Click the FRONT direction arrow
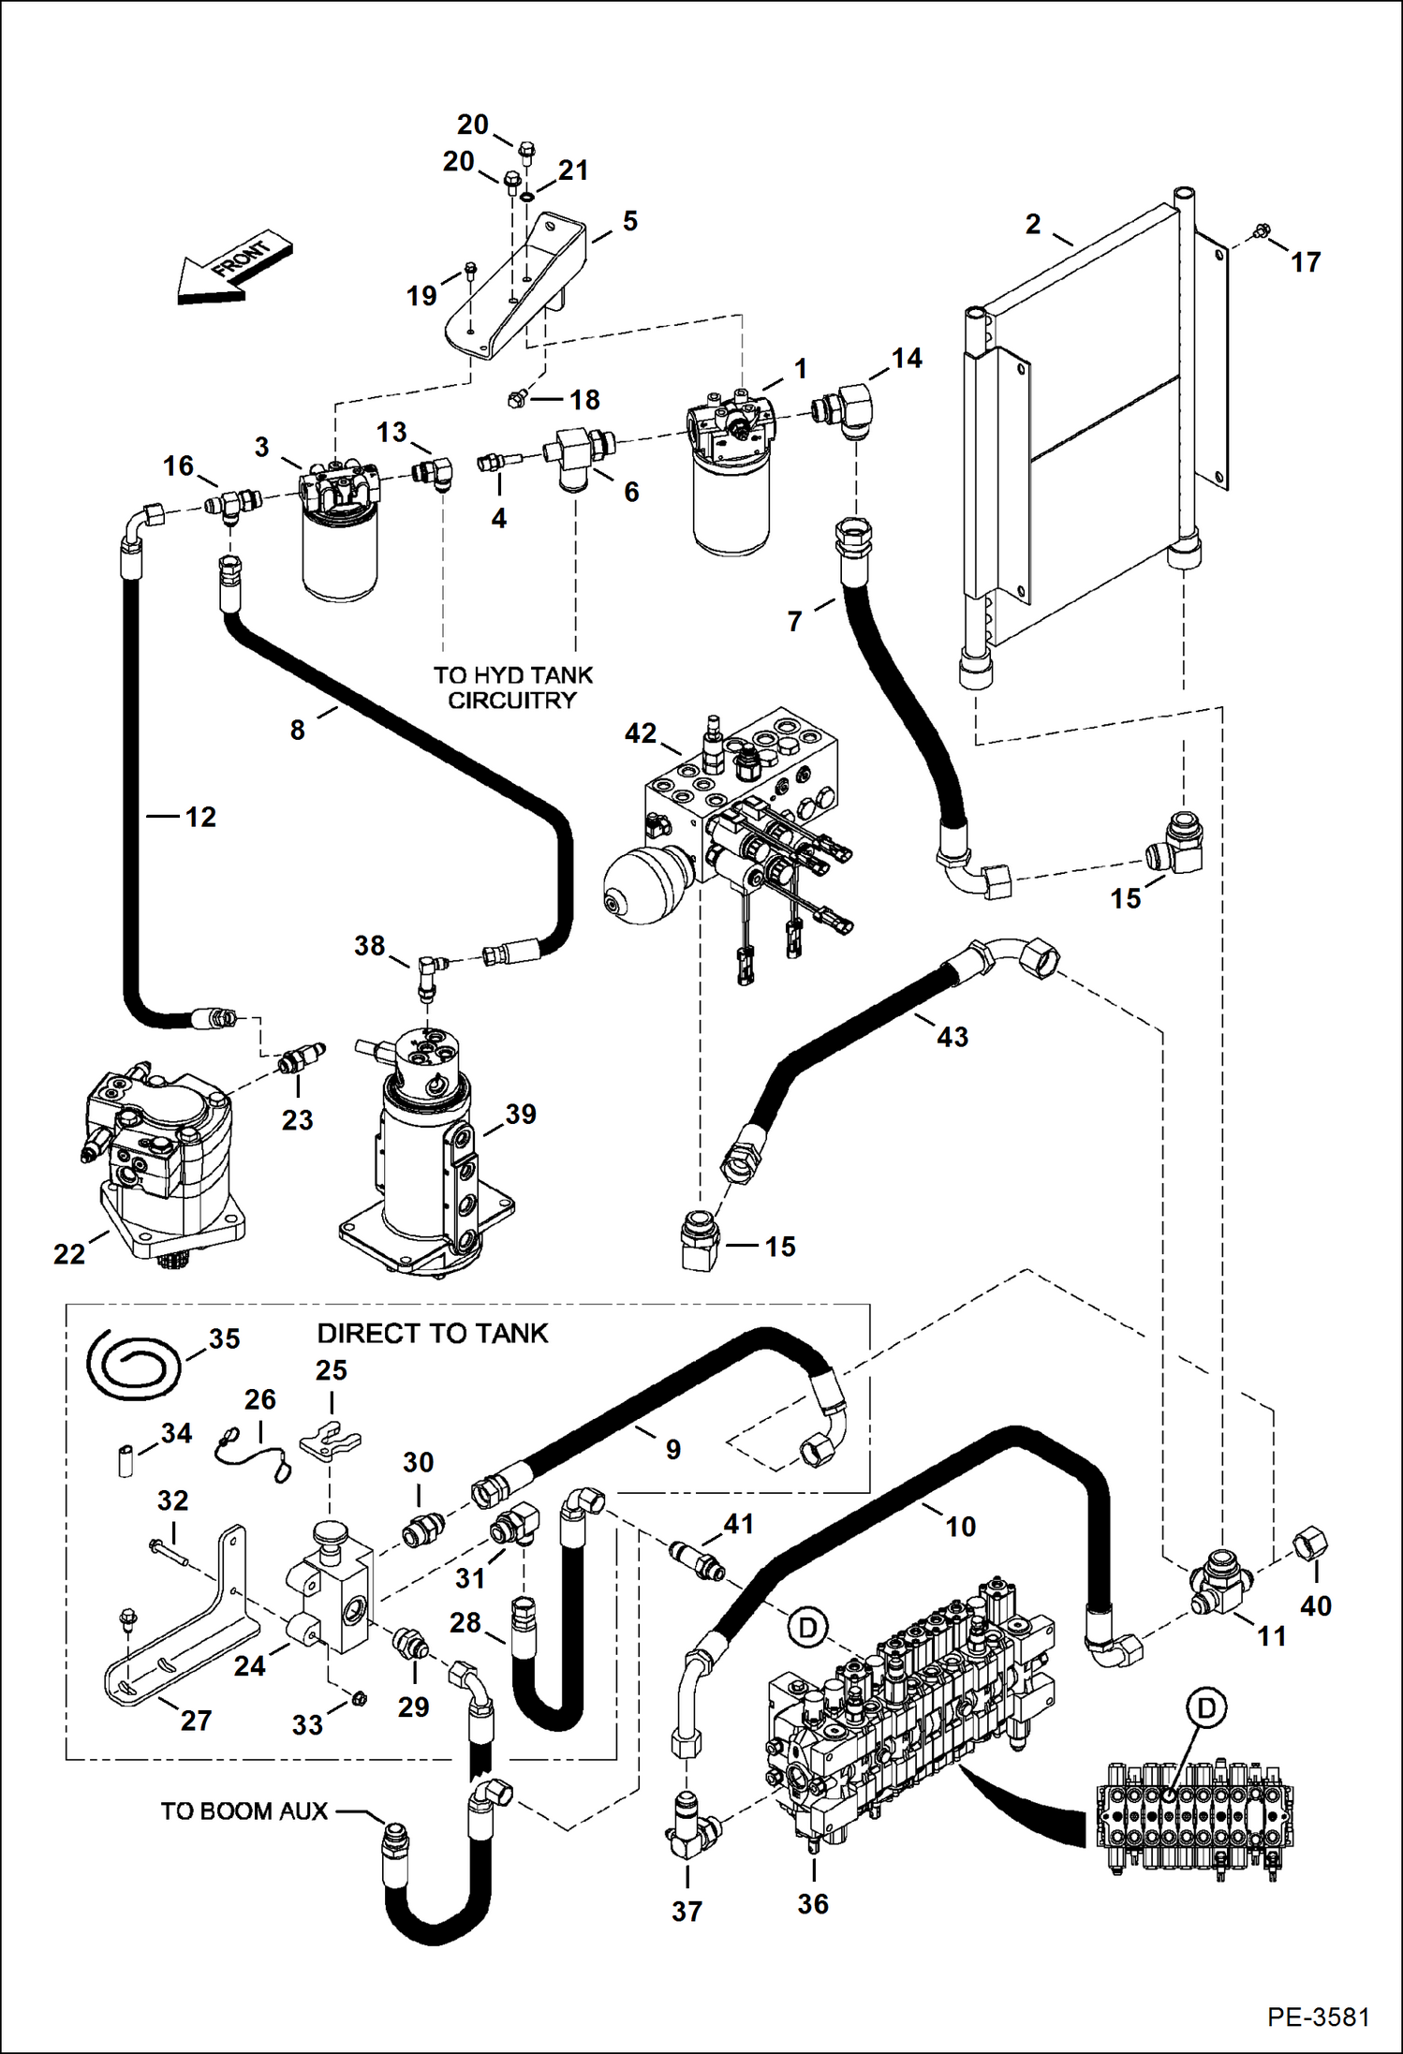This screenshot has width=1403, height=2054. [x=234, y=269]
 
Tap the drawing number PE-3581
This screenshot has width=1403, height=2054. [x=1318, y=2017]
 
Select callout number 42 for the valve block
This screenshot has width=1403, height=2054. [x=641, y=732]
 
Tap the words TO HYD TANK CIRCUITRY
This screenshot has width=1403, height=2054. [x=512, y=687]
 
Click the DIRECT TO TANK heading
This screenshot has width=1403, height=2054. [x=432, y=1333]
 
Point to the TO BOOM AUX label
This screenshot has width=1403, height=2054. [x=244, y=1810]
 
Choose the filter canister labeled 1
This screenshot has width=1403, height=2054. [x=731, y=478]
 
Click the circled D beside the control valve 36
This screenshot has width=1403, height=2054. [x=807, y=1627]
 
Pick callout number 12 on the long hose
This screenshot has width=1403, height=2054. [x=199, y=817]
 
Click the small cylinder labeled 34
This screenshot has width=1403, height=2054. [x=126, y=1460]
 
